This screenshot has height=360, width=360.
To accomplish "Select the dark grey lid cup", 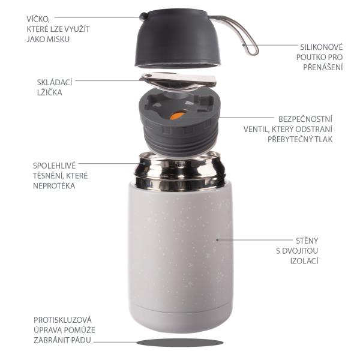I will [179, 42].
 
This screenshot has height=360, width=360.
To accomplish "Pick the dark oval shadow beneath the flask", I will [179, 342].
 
